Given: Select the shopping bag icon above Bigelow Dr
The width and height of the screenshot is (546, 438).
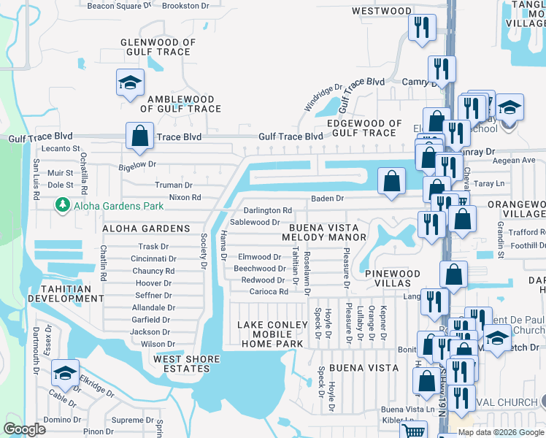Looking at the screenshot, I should (139, 135).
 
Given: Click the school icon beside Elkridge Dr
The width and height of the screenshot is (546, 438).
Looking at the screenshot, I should (66, 373).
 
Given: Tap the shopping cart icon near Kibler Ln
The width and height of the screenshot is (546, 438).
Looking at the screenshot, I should (415, 431).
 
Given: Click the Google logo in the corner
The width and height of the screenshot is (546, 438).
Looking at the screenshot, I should (25, 429).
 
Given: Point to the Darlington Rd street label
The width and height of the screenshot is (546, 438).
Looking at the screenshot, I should (268, 210).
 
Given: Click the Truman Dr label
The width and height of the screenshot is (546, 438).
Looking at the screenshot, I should (174, 185).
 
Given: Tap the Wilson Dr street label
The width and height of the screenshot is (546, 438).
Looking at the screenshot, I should (158, 344).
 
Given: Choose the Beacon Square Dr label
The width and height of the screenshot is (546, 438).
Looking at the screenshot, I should (119, 5).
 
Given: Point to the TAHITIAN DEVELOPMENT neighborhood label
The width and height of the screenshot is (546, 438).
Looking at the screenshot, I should (60, 294).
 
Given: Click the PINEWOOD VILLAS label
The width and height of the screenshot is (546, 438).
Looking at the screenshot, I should (393, 279).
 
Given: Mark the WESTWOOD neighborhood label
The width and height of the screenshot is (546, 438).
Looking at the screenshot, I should (381, 11).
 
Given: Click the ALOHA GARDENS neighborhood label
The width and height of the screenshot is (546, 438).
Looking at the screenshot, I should (146, 228).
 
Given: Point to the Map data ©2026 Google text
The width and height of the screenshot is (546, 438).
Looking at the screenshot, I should (500, 432).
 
